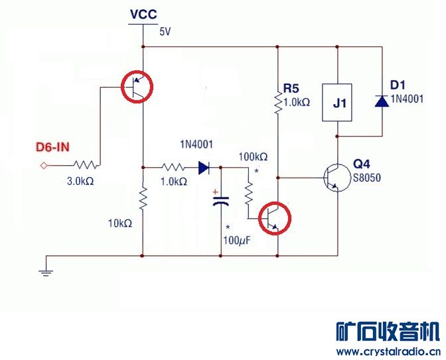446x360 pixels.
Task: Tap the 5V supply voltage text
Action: [165, 31]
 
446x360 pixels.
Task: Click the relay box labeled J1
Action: [338, 103]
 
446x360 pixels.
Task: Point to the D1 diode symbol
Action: [381, 101]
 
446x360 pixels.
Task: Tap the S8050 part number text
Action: [368, 178]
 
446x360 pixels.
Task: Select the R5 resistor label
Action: [291, 88]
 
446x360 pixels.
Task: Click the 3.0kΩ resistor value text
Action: [81, 180]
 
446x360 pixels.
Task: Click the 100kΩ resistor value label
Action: [254, 157]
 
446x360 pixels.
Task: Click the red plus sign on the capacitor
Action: [216, 194]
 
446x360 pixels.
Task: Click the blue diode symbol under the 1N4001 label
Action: [204, 168]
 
